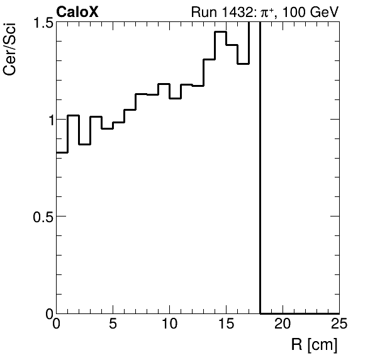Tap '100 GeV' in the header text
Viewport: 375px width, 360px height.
(315, 12)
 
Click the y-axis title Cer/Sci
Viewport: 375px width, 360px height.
(11, 54)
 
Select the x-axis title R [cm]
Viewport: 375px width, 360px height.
(314, 345)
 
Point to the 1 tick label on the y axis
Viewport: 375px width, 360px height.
(47, 120)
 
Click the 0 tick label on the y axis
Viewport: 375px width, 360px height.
(47, 313)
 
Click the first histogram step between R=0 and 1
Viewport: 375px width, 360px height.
(62, 152)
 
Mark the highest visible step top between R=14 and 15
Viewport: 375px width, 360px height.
(220, 31)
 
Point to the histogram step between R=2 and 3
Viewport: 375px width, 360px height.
(84, 144)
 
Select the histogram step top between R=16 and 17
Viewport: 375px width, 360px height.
(243, 64)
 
